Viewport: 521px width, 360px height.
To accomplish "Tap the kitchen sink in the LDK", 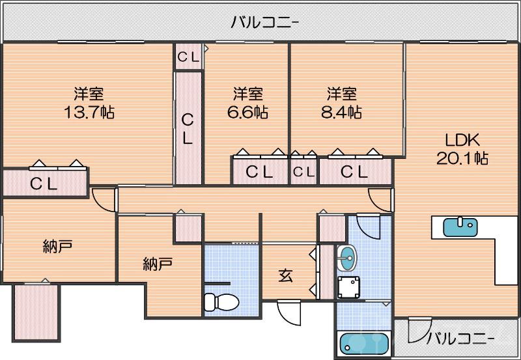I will (460, 226).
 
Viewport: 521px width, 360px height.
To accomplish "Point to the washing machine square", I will (350, 286).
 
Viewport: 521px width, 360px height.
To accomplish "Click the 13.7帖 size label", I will (89, 112).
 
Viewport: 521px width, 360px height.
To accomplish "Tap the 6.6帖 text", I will (247, 112).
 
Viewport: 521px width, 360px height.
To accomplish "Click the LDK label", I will (462, 140).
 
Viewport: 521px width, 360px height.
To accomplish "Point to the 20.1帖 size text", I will (463, 158).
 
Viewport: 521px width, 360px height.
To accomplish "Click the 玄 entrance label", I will (285, 275).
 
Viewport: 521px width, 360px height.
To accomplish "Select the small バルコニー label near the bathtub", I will (460, 339).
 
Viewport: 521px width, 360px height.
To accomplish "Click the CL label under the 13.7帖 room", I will (44, 184).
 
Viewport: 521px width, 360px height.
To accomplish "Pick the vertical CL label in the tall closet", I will (188, 128).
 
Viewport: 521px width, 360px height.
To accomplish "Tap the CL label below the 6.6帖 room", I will (259, 173).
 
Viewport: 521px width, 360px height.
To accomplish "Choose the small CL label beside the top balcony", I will (189, 57).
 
